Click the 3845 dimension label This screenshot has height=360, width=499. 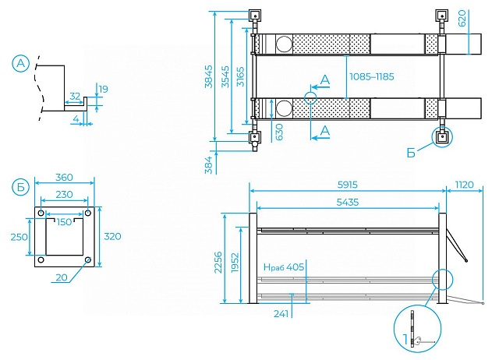click(x=209, y=76)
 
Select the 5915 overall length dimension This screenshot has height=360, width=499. click(x=348, y=185)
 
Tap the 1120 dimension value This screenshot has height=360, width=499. click(x=465, y=185)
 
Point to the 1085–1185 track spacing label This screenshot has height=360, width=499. click(x=372, y=76)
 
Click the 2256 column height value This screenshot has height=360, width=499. click(x=218, y=263)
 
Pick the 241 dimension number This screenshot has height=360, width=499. click(x=281, y=314)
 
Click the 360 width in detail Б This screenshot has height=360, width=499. click(x=64, y=177)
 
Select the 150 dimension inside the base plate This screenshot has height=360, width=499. click(x=64, y=222)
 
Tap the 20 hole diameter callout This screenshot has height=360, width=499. click(x=62, y=277)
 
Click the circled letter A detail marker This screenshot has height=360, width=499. click(x=21, y=63)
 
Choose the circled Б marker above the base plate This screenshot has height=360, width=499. click(x=21, y=187)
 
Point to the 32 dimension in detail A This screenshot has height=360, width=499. click(x=75, y=96)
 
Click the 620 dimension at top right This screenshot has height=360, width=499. click(x=462, y=18)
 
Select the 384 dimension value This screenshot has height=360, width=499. click(x=209, y=165)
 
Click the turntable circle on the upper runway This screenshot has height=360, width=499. click(x=284, y=44)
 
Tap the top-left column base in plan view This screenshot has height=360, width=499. click(x=255, y=16)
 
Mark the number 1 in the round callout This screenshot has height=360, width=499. click(x=405, y=339)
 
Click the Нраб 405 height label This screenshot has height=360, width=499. click(x=284, y=266)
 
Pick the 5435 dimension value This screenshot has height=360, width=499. click(x=348, y=202)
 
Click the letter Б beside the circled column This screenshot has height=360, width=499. click(x=411, y=153)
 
